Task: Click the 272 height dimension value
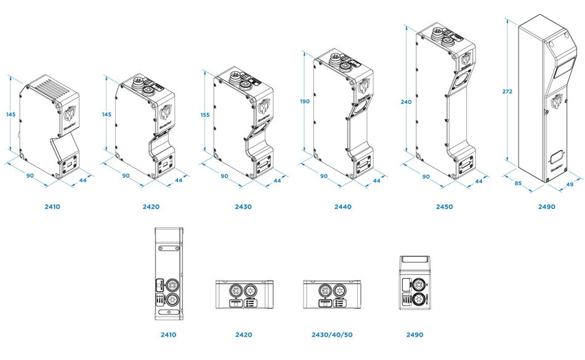click(x=507, y=92)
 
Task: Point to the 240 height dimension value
click(x=406, y=102)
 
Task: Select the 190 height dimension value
click(x=305, y=102)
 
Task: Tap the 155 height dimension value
click(x=205, y=114)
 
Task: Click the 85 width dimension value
click(x=518, y=183)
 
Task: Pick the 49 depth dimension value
click(x=570, y=184)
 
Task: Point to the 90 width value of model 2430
click(x=225, y=177)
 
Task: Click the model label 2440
click(x=342, y=207)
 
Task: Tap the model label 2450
click(x=443, y=207)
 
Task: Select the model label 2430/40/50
click(x=333, y=335)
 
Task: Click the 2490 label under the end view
click(x=415, y=335)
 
